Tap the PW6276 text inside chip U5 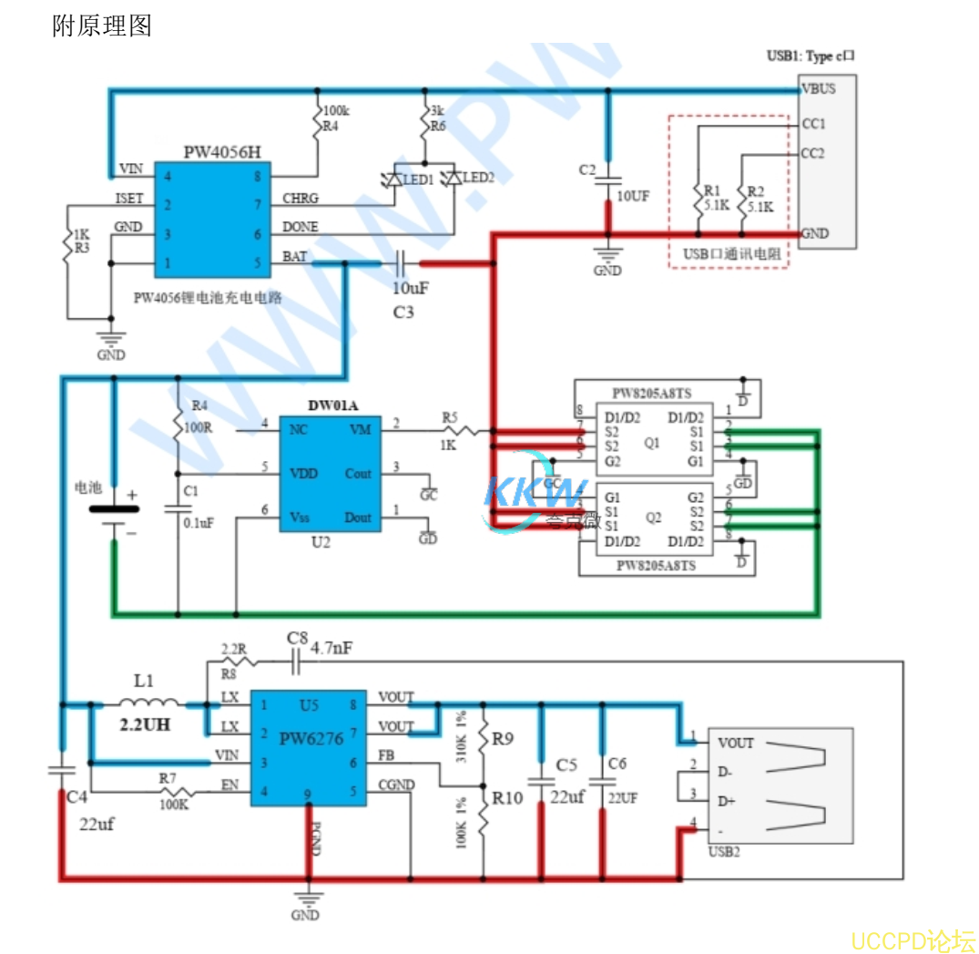[x=311, y=738]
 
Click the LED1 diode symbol [x=393, y=180]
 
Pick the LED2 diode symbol [x=452, y=180]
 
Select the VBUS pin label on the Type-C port [x=818, y=88]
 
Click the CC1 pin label [x=812, y=123]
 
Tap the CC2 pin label [x=812, y=153]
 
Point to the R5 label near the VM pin [x=450, y=416]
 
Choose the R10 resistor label [x=507, y=797]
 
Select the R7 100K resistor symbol [x=174, y=792]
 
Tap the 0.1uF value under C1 [x=199, y=523]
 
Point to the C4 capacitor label [x=77, y=797]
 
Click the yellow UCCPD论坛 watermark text [x=912, y=939]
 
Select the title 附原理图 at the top [x=102, y=26]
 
